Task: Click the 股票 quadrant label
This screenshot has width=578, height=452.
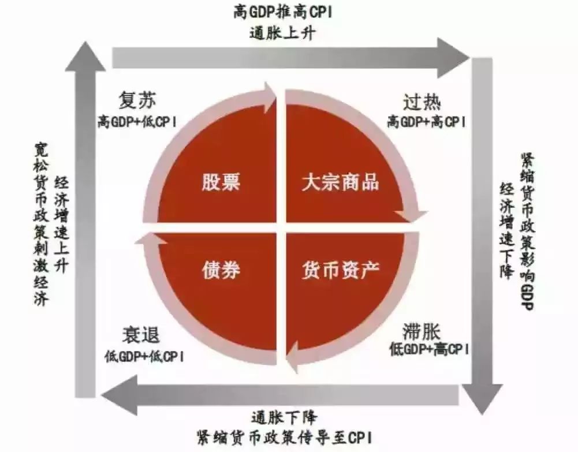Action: click(x=221, y=182)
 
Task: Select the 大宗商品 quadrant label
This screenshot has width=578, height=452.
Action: click(x=340, y=182)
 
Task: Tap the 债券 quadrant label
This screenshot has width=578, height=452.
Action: click(x=221, y=270)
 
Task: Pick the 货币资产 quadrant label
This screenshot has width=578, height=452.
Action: click(x=340, y=270)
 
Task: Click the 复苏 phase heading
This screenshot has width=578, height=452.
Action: click(x=137, y=100)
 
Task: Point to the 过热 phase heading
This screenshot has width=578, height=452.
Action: click(x=422, y=102)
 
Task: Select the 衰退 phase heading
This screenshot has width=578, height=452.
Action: click(x=141, y=335)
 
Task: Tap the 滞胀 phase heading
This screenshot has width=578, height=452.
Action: click(x=422, y=331)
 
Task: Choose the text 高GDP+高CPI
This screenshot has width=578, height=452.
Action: click(x=427, y=121)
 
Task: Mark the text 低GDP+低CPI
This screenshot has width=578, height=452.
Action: click(x=144, y=356)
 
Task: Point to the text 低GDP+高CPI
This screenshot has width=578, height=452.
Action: click(x=429, y=349)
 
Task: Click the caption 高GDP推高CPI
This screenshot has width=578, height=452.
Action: click(x=283, y=13)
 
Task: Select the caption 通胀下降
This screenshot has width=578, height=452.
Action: click(x=284, y=418)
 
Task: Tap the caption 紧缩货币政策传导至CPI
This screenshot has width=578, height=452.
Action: click(x=284, y=437)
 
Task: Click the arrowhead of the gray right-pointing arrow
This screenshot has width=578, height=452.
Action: click(x=453, y=58)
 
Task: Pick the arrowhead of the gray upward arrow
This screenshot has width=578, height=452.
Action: click(x=85, y=57)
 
